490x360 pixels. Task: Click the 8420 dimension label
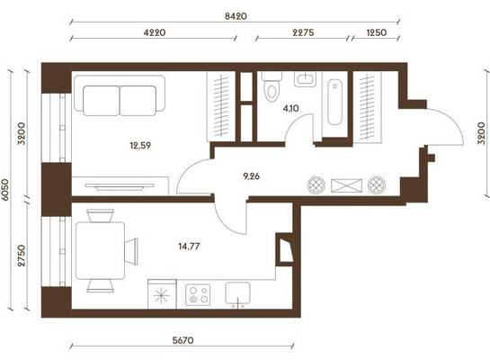[x=236, y=16]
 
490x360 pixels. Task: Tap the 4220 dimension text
[x=155, y=32]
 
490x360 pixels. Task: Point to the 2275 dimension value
[x=303, y=32]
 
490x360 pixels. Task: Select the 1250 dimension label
[x=376, y=32]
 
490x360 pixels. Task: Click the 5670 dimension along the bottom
[x=183, y=340]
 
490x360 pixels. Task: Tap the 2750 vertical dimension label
[x=22, y=256]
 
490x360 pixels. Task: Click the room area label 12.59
[x=140, y=146]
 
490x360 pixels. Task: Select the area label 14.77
[x=189, y=247]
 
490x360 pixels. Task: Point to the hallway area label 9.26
[x=251, y=176]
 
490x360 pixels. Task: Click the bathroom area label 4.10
[x=290, y=109]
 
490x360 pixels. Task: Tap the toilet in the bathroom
[x=272, y=86]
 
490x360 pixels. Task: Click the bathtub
[x=334, y=102]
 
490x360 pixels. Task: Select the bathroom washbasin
[x=305, y=79]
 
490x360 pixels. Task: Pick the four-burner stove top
[x=198, y=294]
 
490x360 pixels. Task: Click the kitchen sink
[x=238, y=293]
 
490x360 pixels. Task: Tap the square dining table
[x=101, y=250]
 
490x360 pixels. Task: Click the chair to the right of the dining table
[x=131, y=251]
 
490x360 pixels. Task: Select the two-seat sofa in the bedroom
[x=120, y=95]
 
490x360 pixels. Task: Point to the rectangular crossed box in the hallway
[x=346, y=185]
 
